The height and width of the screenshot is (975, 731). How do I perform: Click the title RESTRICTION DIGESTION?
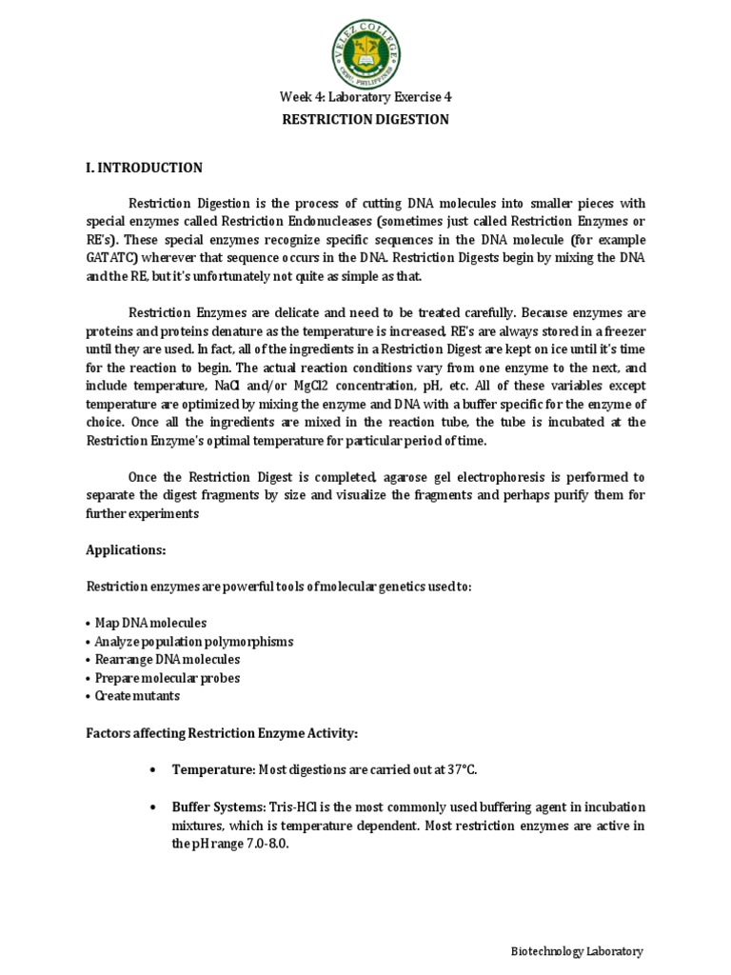[x=365, y=119]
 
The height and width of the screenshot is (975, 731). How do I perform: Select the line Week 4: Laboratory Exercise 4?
[x=365, y=97]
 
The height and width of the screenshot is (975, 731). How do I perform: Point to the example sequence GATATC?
[x=108, y=258]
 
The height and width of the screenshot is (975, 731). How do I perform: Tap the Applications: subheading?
[x=126, y=550]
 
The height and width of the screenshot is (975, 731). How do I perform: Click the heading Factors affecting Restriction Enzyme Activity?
[x=222, y=732]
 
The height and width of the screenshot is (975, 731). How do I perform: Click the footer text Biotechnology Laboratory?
[x=577, y=951]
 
